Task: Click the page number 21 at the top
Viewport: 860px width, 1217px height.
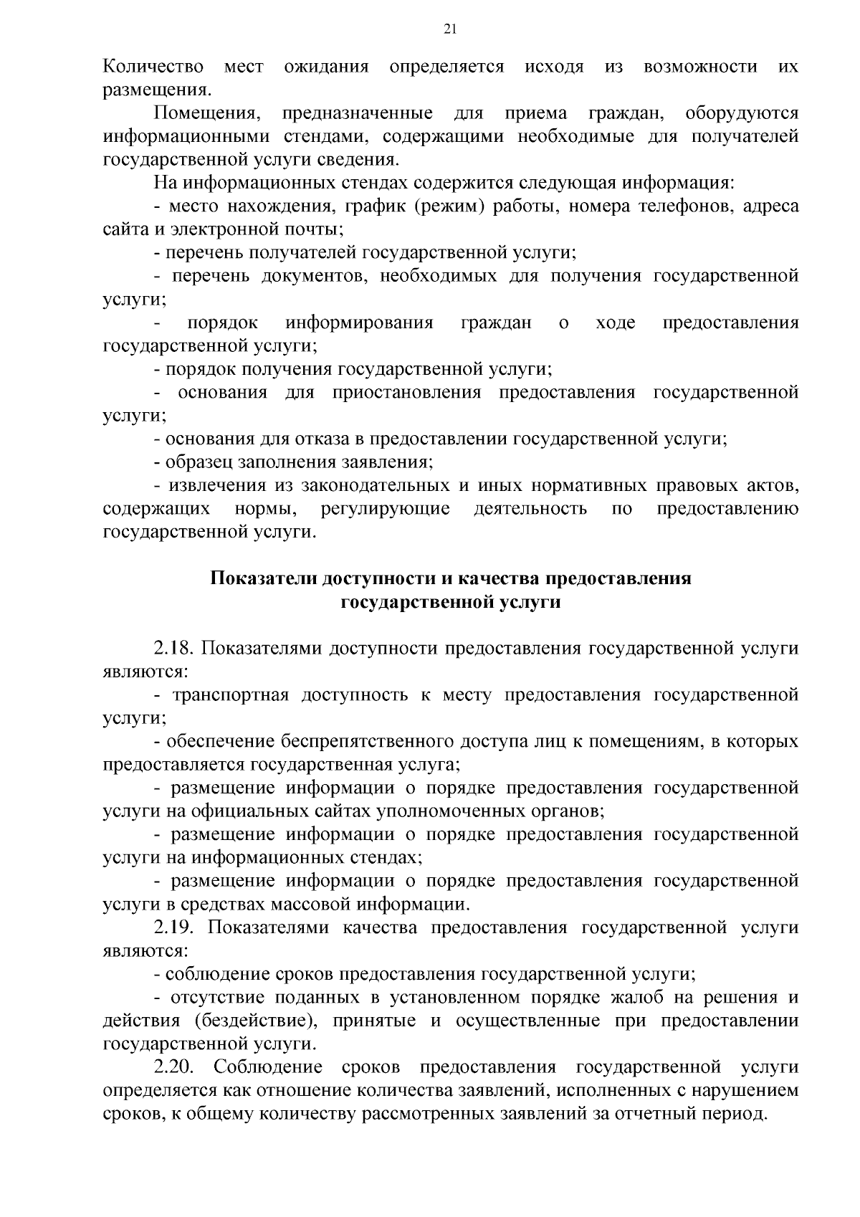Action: point(450,29)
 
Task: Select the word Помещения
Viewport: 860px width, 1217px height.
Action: point(205,114)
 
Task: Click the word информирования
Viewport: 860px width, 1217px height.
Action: point(359,323)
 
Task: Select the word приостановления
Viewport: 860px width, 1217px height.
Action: point(406,393)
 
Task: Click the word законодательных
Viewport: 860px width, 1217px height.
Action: point(375,486)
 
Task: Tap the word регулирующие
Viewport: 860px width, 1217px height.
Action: point(386,509)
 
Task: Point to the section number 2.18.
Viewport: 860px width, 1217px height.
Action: point(174,649)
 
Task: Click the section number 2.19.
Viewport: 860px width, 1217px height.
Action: point(174,928)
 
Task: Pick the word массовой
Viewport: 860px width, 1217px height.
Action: point(311,905)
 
